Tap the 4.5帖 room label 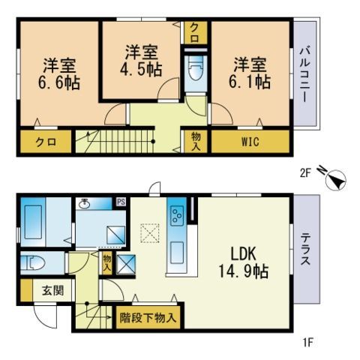coord(142,60)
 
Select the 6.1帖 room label coord(251,73)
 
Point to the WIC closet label coord(250,141)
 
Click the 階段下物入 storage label coord(148,318)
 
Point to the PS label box coord(121,202)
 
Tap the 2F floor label coord(305,172)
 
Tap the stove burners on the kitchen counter coord(178,215)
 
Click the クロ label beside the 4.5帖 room coord(195,31)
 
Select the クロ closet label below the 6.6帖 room coord(44,141)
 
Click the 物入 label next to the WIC coord(195,141)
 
